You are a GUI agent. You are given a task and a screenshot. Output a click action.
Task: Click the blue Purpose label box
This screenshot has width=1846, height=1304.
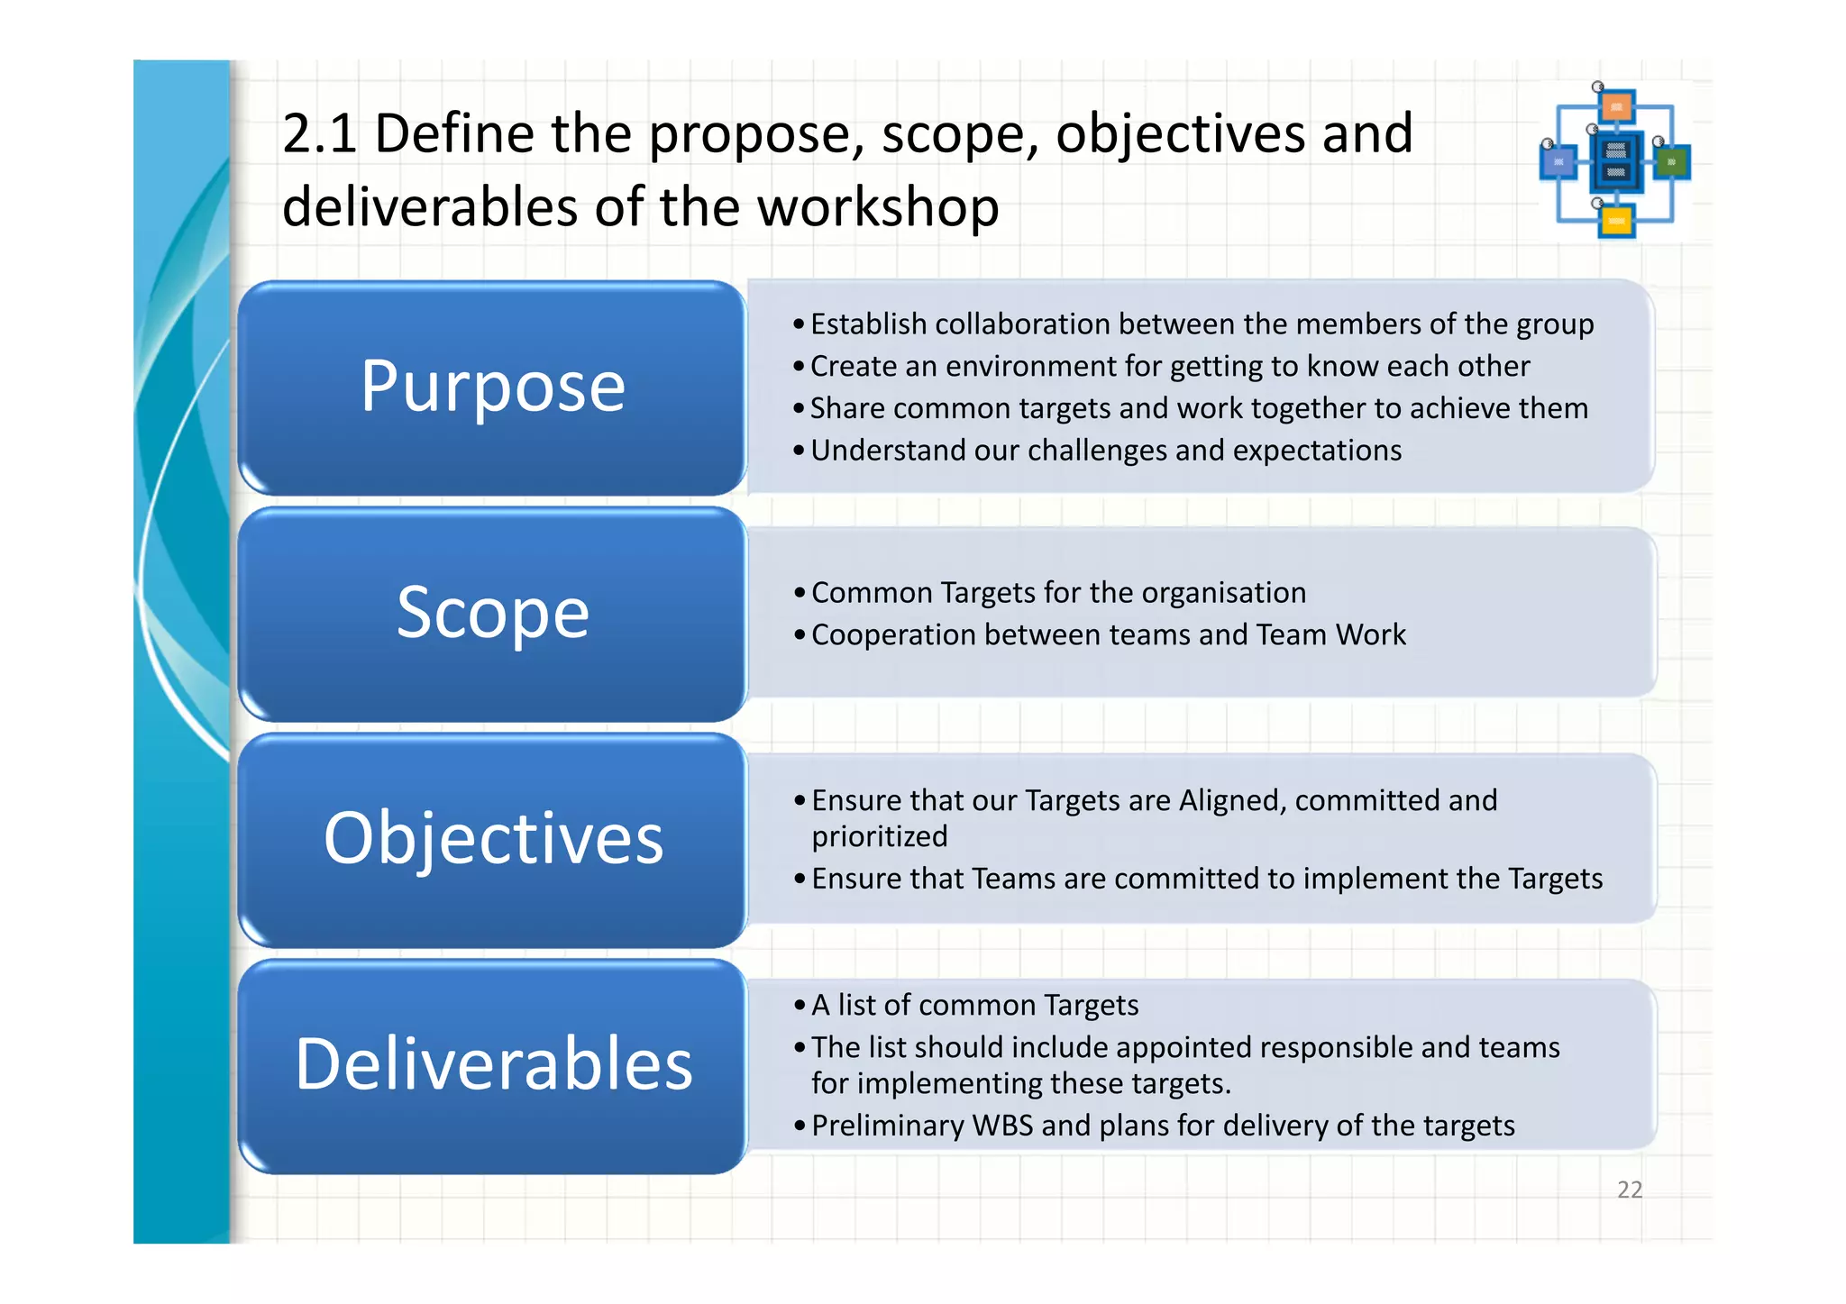tap(492, 388)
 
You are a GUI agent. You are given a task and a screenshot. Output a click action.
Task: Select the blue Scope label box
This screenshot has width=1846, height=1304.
tap(492, 614)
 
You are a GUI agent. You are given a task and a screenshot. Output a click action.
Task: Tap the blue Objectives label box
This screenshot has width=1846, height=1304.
tap(492, 839)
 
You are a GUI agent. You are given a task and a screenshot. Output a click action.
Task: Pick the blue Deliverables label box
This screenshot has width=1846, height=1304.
tap(492, 1065)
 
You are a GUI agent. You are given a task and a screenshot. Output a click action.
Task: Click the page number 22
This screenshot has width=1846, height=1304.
tap(1630, 1190)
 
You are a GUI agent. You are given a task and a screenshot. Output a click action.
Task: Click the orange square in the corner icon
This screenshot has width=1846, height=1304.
tap(1617, 107)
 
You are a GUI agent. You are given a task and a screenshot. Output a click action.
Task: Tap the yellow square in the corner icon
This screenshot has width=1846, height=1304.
tap(1616, 220)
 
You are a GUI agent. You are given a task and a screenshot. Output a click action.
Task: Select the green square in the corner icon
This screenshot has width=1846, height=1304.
tap(1672, 162)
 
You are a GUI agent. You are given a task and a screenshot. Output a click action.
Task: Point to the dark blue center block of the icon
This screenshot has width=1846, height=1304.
tap(1616, 162)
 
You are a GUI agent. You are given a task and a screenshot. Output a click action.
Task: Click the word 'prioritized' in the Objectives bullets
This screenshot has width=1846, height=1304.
tap(879, 836)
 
